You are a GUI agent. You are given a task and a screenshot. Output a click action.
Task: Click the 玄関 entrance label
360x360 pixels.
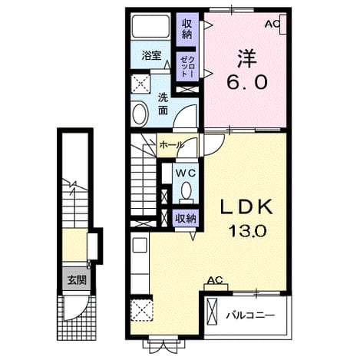point(77,280)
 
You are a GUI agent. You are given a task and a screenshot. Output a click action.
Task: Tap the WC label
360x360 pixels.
point(185,173)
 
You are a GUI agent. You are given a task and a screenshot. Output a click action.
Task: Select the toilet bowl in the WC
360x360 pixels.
point(186,191)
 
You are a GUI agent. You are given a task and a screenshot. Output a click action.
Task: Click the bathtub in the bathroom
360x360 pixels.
point(150,26)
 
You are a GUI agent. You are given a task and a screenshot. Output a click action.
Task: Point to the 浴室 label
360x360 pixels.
point(151,55)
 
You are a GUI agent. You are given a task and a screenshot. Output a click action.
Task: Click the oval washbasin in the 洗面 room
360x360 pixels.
point(140,114)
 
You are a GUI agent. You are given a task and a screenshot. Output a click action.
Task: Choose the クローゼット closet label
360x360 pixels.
point(188,67)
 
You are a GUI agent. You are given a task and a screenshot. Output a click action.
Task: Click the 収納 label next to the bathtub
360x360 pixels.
point(187,29)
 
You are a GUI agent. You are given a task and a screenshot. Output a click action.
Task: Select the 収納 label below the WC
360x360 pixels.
point(186,219)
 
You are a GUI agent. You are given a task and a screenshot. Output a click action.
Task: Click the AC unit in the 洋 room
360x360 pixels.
point(282,25)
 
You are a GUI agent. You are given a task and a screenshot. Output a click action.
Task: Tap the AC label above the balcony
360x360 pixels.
point(215,280)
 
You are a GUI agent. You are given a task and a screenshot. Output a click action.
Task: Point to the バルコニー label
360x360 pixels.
point(250,315)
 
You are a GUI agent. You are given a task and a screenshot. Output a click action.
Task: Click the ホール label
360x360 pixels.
point(171,145)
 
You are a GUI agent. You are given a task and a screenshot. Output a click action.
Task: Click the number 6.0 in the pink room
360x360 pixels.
point(247,82)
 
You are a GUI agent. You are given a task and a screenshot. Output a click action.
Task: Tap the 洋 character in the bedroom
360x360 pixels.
point(247,58)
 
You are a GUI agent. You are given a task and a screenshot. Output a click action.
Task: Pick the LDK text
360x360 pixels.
point(246,207)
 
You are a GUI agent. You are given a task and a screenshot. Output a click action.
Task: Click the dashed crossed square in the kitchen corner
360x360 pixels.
point(142,310)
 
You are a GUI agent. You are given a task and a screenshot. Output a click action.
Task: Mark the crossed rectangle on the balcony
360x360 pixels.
point(212,312)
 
